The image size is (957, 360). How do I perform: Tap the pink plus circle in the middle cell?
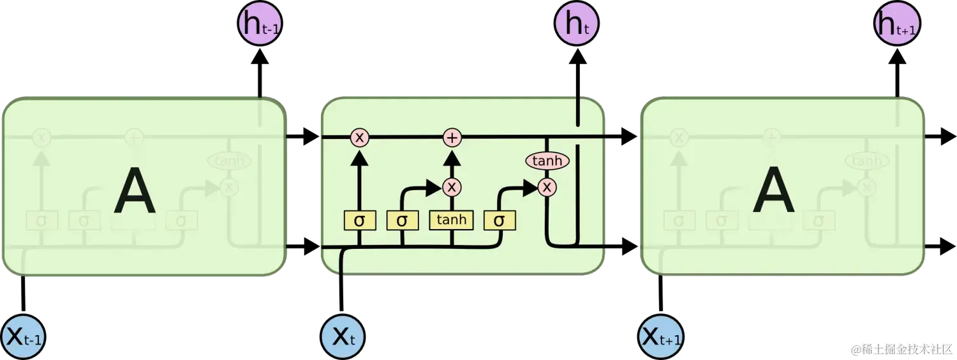[452, 137]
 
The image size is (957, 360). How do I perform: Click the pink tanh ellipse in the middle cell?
[547, 161]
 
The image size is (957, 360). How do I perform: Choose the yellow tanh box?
[452, 220]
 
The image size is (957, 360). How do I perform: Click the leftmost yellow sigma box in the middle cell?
[360, 220]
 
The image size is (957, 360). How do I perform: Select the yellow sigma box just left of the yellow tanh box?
[402, 220]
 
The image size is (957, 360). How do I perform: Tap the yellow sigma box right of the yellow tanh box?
[500, 220]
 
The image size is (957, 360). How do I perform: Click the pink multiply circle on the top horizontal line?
[360, 137]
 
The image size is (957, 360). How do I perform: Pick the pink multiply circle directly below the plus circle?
[452, 187]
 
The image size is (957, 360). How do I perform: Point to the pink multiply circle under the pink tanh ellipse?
[547, 187]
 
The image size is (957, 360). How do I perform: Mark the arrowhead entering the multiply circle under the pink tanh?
[531, 187]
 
